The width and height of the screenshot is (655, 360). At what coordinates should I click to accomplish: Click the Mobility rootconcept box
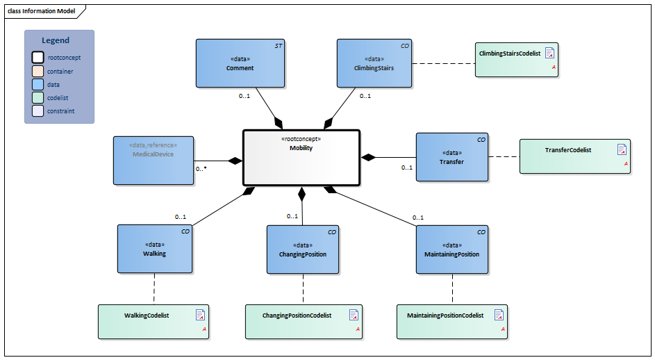pyautogui.click(x=301, y=158)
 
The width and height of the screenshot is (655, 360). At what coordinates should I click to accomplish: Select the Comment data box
pyautogui.click(x=240, y=63)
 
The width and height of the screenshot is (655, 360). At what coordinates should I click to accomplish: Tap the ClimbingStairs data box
pyautogui.click(x=374, y=63)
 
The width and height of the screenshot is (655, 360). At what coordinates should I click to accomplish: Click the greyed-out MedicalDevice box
pyautogui.click(x=153, y=161)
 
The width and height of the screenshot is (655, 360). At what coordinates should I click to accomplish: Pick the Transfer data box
pyautogui.click(x=451, y=157)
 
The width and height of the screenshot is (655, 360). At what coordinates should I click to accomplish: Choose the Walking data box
pyautogui.click(x=154, y=249)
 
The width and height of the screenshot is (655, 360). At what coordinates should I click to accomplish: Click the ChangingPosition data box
pyautogui.click(x=303, y=249)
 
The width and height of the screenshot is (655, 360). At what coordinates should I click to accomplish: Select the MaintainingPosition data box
pyautogui.click(x=451, y=249)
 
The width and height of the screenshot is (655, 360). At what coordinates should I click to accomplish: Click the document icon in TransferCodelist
pyautogui.click(x=622, y=149)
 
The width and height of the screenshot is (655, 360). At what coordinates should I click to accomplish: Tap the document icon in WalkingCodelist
pyautogui.click(x=201, y=315)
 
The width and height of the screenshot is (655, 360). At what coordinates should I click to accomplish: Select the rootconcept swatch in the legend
pyautogui.click(x=38, y=58)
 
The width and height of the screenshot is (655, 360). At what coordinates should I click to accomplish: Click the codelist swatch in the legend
pyautogui.click(x=38, y=97)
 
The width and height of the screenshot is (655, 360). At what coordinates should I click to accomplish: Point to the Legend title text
pyautogui.click(x=56, y=40)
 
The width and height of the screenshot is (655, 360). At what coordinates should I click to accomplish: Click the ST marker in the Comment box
pyautogui.click(x=278, y=46)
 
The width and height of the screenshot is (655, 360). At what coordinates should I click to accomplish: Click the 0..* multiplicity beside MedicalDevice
pyautogui.click(x=201, y=168)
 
